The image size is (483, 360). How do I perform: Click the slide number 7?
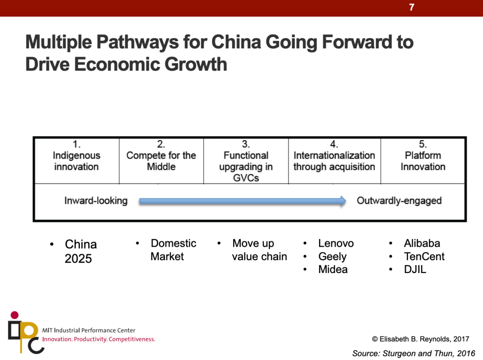coord(411,7)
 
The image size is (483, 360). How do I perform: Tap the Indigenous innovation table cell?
coord(77,161)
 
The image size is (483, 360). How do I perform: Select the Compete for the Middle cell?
coord(161,161)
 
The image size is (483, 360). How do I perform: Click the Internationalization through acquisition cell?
coord(334,161)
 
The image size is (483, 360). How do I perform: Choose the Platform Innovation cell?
coord(423,161)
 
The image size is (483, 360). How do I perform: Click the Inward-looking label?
coord(96,201)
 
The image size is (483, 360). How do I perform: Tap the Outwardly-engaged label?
coord(399,201)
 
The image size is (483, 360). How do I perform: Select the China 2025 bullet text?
coord(80,251)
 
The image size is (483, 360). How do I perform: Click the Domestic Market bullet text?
coord(173,250)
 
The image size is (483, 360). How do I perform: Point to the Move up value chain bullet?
coord(259,250)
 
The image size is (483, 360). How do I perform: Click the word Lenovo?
coord(336,243)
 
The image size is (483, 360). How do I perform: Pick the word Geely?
coord(332,256)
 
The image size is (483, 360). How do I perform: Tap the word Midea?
coord(333,269)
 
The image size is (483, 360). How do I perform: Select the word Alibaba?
coord(422,243)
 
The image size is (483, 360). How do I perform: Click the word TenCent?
coord(424,256)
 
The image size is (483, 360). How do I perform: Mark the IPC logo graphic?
coord(25,333)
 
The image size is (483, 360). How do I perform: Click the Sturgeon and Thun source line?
coord(413,353)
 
